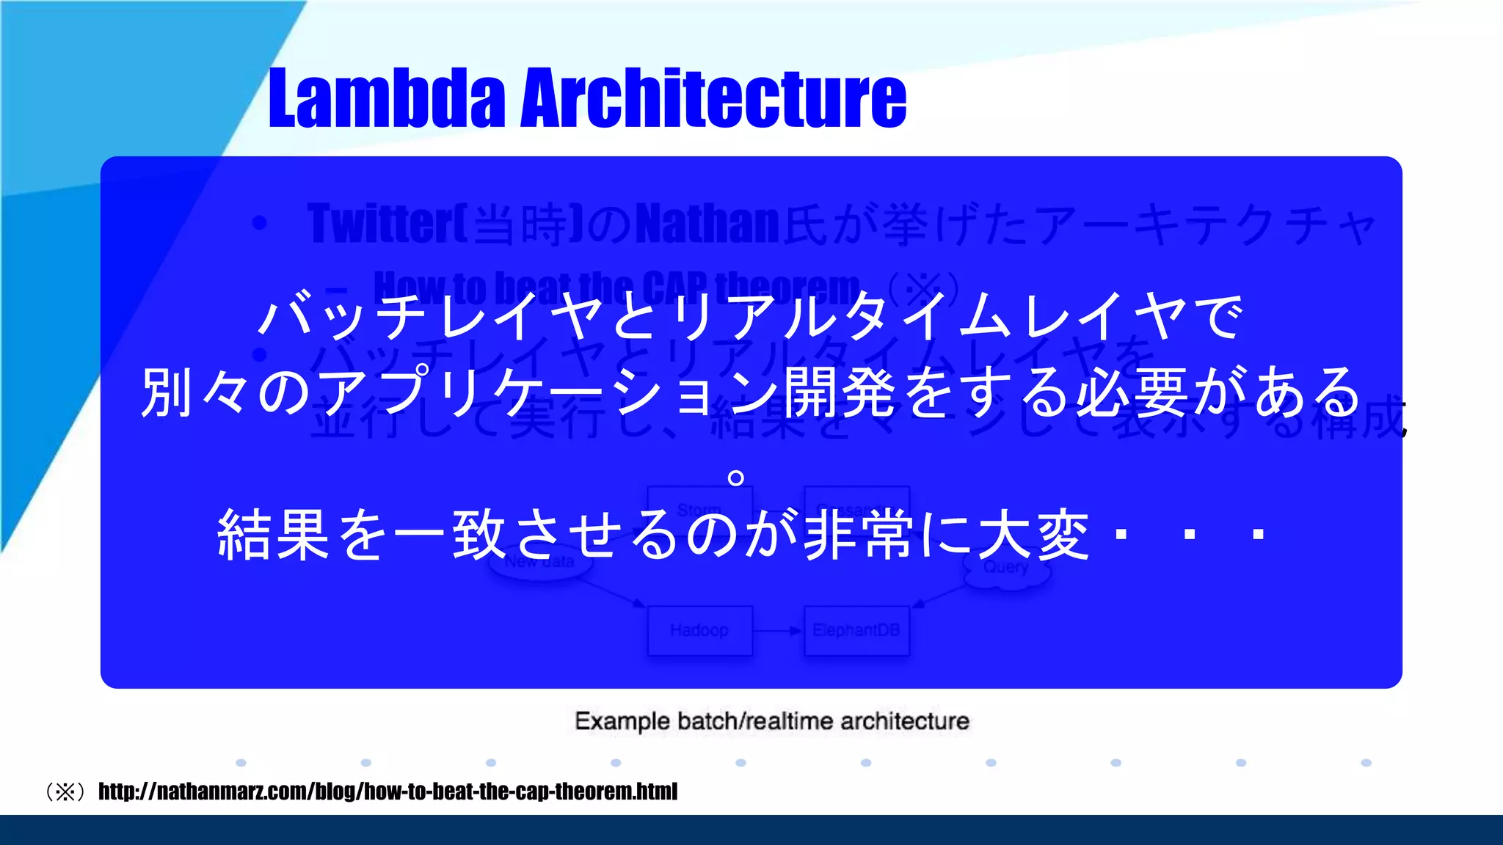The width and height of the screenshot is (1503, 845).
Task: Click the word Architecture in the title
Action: pos(713,98)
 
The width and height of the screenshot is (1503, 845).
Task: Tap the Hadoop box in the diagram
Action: pos(699,630)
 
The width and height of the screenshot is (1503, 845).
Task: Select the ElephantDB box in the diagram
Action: pos(856,630)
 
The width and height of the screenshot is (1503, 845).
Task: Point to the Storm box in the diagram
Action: pos(699,508)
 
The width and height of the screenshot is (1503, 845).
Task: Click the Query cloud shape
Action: pos(1006,568)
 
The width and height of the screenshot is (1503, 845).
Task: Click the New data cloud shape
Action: pos(539,563)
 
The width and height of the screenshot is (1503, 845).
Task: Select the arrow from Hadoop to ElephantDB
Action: pos(778,631)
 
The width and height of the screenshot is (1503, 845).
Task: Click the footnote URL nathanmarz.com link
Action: pos(387,791)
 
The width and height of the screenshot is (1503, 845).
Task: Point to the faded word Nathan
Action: pos(706,224)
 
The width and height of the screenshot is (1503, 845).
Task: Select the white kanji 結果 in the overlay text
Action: pos(273,535)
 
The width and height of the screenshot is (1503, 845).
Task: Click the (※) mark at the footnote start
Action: pos(66,792)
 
